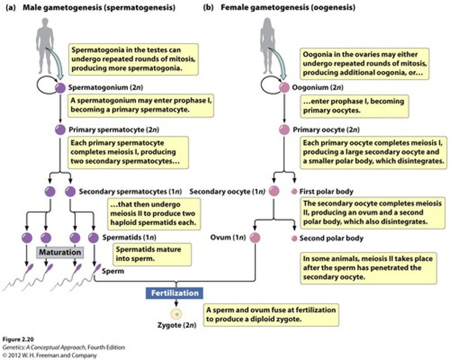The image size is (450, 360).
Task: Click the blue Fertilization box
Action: click(174, 293)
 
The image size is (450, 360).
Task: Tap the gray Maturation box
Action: click(60, 252)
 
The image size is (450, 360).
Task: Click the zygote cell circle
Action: click(176, 314)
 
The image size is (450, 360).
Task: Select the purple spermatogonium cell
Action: click(60, 88)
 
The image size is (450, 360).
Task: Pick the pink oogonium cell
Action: click(284, 88)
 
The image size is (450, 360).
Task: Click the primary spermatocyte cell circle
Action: click(60, 130)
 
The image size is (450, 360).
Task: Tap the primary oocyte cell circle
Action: click(284, 129)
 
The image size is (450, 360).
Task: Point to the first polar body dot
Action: click(294, 192)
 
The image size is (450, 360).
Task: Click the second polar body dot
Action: click(294, 238)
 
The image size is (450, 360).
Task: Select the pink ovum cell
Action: click(255, 238)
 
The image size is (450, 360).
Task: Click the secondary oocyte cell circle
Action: click(274, 191)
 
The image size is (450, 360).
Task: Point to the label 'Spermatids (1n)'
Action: click(129, 237)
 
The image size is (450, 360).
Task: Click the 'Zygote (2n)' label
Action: click(177, 325)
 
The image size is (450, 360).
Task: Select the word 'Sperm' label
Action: click(113, 271)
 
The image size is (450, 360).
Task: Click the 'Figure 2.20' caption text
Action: click(18, 339)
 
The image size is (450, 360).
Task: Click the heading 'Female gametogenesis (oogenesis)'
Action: click(287, 7)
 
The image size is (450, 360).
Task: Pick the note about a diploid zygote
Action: click(271, 314)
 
